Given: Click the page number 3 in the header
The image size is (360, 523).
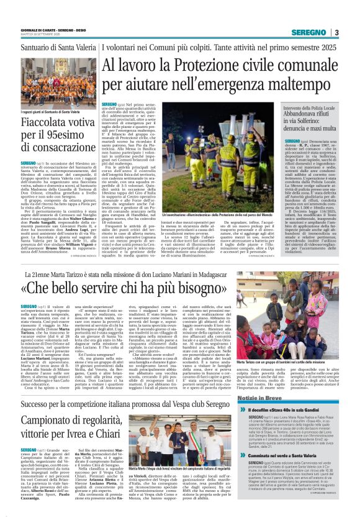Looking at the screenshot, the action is coord(336,33).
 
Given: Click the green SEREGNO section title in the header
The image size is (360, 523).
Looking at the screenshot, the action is coord(310,33).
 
